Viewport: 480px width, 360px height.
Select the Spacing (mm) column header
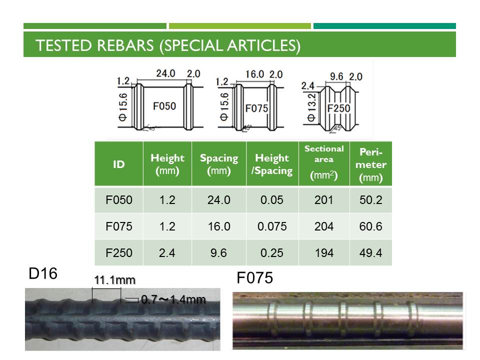[x=219, y=164]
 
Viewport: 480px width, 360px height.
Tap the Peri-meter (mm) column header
[x=370, y=164]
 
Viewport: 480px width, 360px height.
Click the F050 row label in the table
[x=119, y=200]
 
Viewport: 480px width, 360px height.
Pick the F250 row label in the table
[x=119, y=253]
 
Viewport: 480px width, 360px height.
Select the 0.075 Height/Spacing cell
[x=272, y=226]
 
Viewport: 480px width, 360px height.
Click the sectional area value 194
[x=324, y=253]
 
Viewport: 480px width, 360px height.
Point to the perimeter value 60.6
[x=370, y=226]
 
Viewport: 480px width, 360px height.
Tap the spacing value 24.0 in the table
[x=219, y=200]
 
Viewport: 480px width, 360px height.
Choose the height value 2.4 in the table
[x=167, y=253]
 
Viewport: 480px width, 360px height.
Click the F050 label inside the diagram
[x=164, y=106]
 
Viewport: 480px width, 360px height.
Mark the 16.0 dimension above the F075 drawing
[x=254, y=74]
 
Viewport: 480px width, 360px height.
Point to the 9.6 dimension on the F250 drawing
[x=336, y=76]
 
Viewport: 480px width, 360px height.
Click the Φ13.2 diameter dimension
[x=311, y=107]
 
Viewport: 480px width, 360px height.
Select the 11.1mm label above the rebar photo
[x=114, y=280]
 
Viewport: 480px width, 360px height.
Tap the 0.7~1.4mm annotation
[x=173, y=299]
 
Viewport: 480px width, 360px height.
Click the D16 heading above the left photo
[x=43, y=273]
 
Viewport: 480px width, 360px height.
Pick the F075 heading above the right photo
[x=254, y=278]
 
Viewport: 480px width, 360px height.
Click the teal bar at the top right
[x=384, y=26]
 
